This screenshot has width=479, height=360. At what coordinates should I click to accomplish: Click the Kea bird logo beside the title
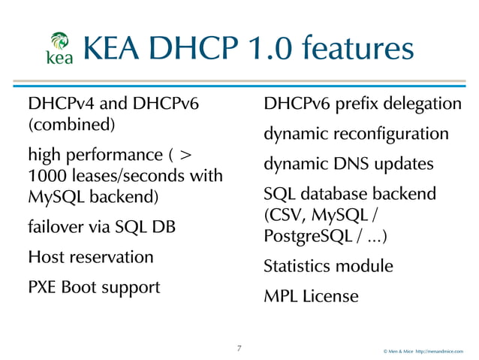click(x=60, y=49)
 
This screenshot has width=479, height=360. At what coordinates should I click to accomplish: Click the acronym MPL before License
click(x=280, y=297)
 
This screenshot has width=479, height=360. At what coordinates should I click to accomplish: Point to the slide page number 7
click(x=239, y=348)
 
